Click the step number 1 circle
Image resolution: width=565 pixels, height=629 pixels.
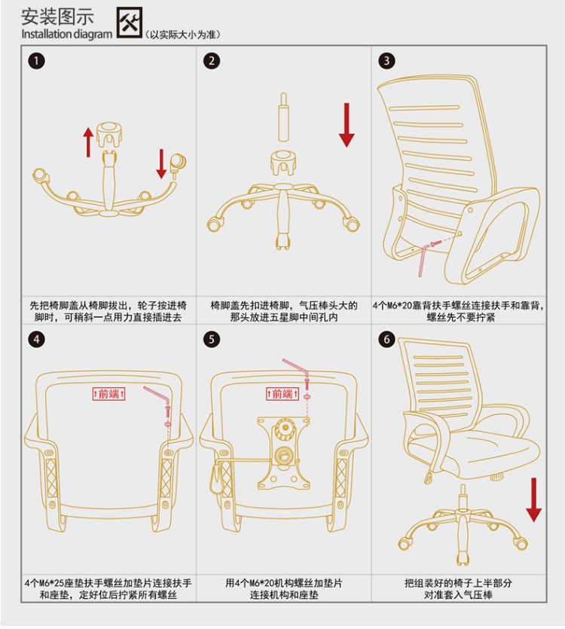[36, 61]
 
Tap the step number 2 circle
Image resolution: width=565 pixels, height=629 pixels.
[212, 61]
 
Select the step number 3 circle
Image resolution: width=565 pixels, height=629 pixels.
[386, 60]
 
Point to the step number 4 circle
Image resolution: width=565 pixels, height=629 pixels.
[36, 340]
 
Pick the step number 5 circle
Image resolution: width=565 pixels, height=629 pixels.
[212, 340]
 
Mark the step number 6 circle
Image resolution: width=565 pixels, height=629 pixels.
[386, 340]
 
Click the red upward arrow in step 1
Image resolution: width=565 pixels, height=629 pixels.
[88, 142]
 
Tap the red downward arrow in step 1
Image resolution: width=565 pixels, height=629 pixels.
[161, 163]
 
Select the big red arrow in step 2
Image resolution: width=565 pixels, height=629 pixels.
[347, 125]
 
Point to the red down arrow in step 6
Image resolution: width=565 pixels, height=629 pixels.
[533, 500]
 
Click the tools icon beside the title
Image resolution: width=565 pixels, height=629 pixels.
[130, 23]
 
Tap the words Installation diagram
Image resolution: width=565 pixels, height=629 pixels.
[66, 34]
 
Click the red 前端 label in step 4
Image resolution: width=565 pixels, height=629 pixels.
[108, 394]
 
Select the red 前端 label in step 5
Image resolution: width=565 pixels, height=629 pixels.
[283, 394]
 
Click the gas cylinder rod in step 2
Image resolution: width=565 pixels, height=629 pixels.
[284, 117]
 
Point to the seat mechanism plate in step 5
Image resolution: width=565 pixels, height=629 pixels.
[284, 453]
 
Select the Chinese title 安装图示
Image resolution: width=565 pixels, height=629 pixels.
[57, 17]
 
